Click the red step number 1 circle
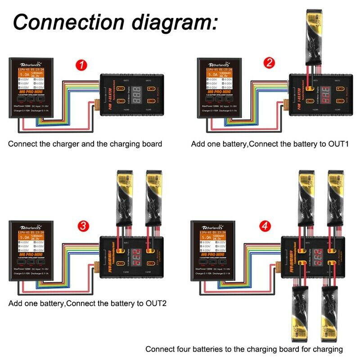click(81, 65)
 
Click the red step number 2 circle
click(269, 63)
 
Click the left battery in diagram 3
click(123, 198)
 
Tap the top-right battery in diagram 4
click(335, 198)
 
